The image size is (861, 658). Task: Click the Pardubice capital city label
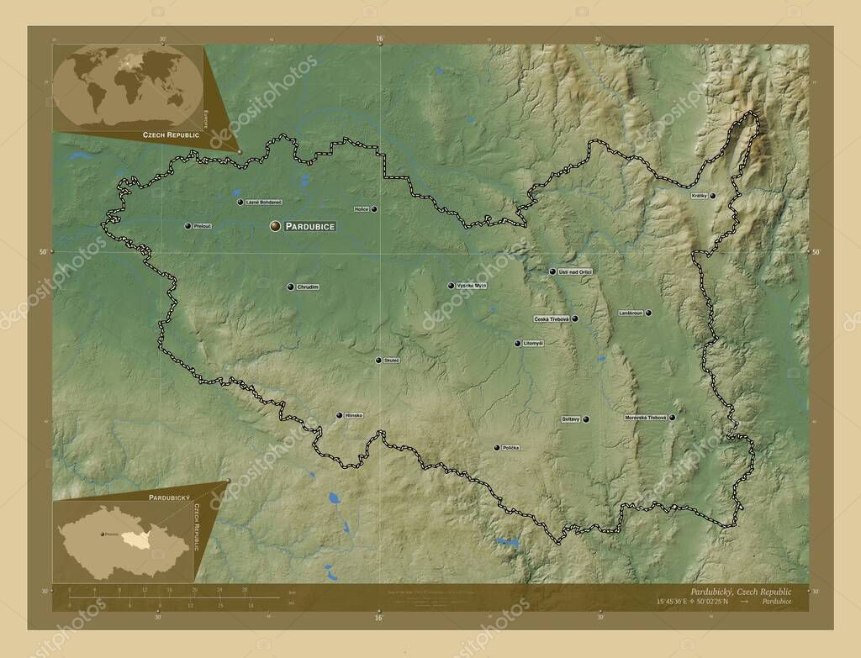tap(310, 226)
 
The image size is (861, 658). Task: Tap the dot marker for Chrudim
tap(290, 287)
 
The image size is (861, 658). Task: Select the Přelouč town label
tap(202, 226)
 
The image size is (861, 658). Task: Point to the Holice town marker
tap(374, 209)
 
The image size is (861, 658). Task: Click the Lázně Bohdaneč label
tap(264, 202)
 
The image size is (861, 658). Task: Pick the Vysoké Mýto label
tap(472, 286)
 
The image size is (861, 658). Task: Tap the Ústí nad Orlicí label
tap(576, 271)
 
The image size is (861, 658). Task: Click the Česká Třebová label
tap(552, 319)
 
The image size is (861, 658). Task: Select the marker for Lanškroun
tap(648, 313)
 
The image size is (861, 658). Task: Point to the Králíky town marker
tap(713, 196)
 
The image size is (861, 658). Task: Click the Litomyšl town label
tap(534, 343)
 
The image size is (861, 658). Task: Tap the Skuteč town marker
tap(378, 361)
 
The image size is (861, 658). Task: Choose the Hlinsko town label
tap(354, 415)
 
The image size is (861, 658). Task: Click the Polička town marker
tap(497, 447)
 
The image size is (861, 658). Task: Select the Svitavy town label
tap(570, 418)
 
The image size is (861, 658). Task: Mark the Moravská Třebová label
tap(646, 418)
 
